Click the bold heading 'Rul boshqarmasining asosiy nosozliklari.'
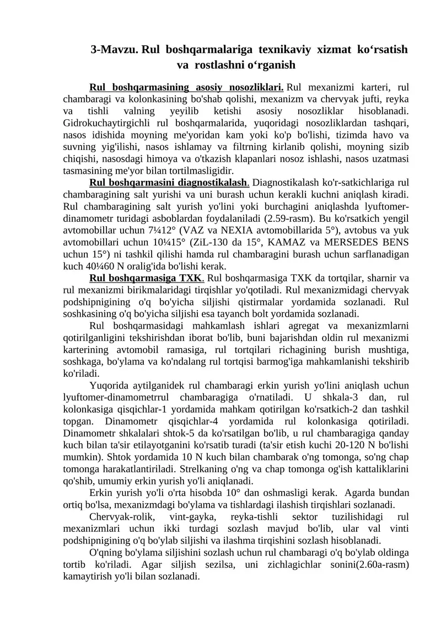(186, 87)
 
